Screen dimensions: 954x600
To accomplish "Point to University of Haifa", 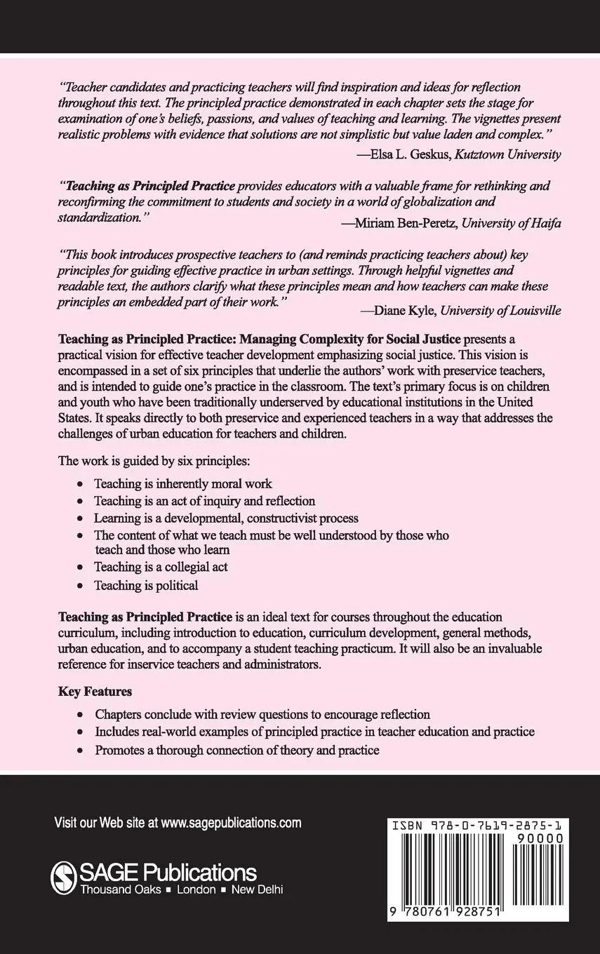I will tap(512, 224).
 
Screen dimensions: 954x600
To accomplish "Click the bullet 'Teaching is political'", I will tap(146, 585).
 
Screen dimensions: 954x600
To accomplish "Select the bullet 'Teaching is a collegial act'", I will tap(161, 567).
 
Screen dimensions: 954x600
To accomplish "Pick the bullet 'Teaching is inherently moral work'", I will tap(183, 483).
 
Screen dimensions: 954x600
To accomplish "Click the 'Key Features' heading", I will tap(95, 692).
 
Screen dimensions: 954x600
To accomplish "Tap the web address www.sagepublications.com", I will tap(231, 823).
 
